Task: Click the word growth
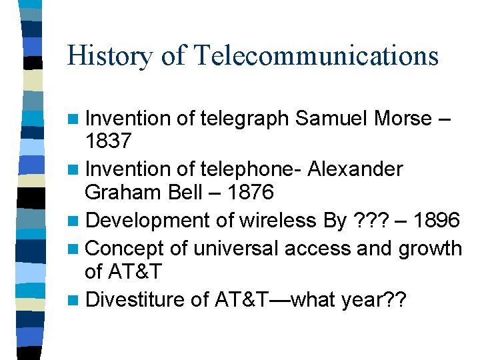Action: pyautogui.click(x=430, y=249)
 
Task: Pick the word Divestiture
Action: pyautogui.click(x=135, y=299)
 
